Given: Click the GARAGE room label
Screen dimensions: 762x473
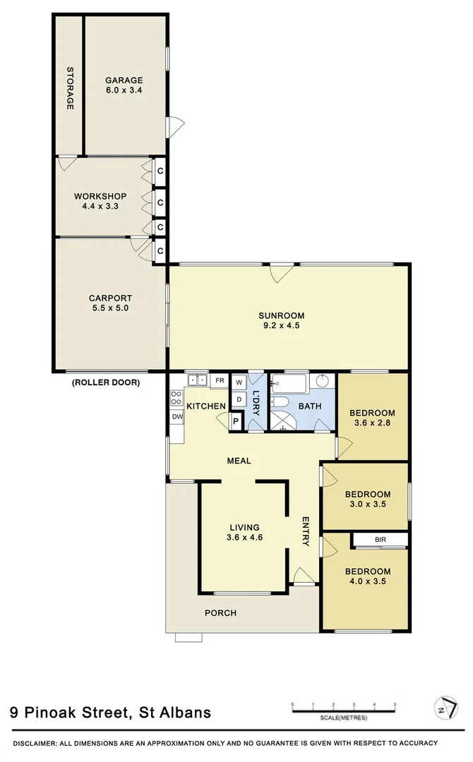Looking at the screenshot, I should (124, 80).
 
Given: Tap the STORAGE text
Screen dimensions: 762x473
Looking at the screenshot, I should (71, 88).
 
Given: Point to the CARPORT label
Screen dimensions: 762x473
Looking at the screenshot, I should (110, 298).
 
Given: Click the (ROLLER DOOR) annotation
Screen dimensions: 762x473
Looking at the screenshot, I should (106, 383).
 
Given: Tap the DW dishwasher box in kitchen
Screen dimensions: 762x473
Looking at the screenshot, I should (176, 417).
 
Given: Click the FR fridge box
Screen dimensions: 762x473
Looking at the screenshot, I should (220, 381).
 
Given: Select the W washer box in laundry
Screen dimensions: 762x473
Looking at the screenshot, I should (239, 382).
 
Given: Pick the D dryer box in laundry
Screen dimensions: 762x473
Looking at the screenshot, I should (239, 399).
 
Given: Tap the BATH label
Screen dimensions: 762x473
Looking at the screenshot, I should (310, 406).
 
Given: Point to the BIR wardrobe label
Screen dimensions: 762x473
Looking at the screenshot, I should (381, 540).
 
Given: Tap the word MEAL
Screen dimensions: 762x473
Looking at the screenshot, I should (239, 461).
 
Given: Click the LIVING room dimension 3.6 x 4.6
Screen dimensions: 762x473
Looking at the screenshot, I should (244, 538).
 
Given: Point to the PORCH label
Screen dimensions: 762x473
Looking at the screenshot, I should (220, 612).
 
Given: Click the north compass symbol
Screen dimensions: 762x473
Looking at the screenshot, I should (443, 708).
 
